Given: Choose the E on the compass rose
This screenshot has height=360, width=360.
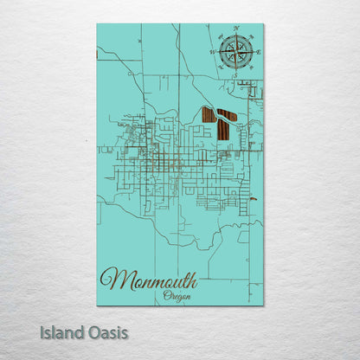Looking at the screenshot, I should [x=257, y=52].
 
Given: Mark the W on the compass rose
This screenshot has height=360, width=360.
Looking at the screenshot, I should [x=211, y=52].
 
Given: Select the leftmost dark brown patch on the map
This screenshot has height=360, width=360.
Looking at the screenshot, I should [x=208, y=114].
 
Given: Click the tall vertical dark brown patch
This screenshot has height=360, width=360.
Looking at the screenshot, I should [x=222, y=129].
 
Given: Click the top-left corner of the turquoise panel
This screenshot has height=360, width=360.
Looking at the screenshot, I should [x=97, y=24].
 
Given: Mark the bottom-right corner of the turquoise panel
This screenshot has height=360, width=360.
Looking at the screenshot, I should [x=264, y=305].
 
